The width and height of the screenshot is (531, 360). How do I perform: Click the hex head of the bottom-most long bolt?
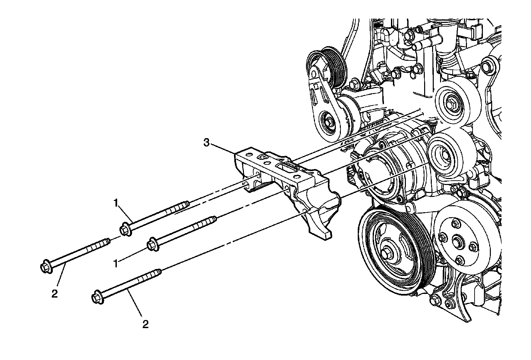97,297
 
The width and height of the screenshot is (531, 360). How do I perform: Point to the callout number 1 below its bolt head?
116,264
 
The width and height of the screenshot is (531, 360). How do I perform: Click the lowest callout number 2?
145,324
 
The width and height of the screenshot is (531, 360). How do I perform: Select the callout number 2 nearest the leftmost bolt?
55,293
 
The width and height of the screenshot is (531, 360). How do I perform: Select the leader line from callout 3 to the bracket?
222,148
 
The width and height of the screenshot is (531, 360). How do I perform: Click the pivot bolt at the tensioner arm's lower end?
327,121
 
